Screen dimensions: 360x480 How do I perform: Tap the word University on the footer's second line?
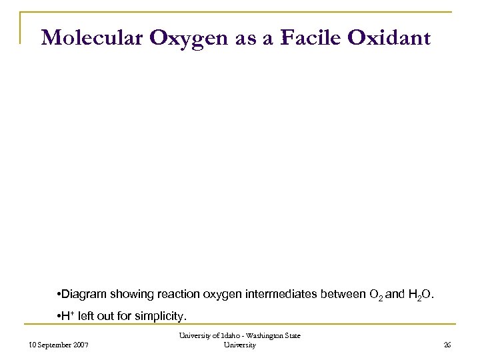pos(240,346)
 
